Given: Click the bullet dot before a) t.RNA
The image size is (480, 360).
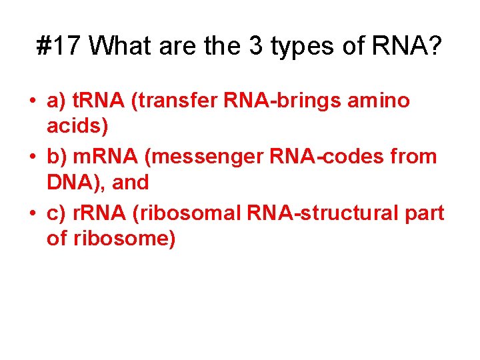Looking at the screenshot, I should coord(32,102).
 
